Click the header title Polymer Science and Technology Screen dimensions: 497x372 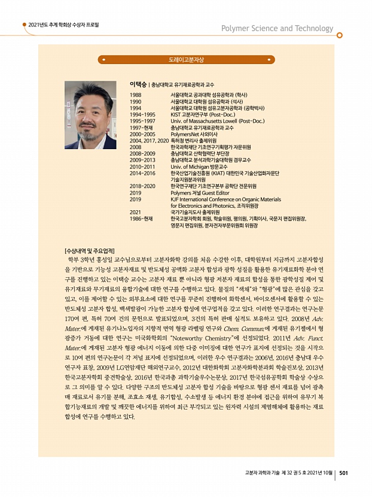(277, 28)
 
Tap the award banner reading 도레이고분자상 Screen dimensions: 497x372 (186, 60)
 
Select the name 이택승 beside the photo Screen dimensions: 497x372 (139, 85)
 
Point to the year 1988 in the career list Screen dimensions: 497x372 (136, 95)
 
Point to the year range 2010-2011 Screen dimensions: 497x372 (142, 166)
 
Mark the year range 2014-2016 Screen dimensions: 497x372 (142, 172)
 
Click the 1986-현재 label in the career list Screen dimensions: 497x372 (142, 219)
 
